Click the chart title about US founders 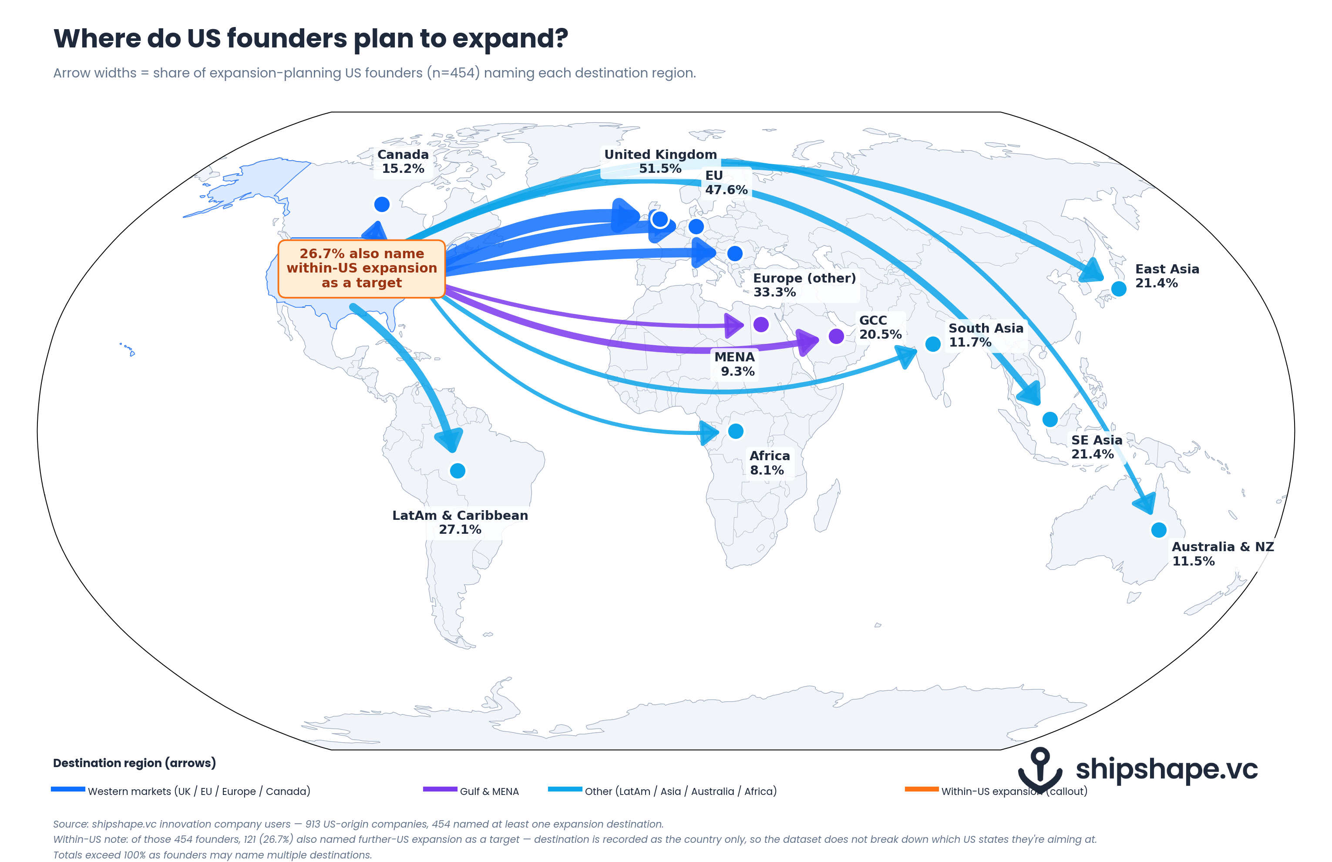click(311, 39)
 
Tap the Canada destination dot click(382, 204)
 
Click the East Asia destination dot click(1119, 289)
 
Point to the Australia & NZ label click(1222, 554)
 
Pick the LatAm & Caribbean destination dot click(458, 471)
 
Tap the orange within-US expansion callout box click(362, 269)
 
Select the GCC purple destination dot click(836, 336)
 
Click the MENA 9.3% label click(735, 364)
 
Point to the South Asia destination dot click(933, 343)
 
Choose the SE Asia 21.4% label click(1097, 447)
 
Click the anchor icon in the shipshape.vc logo click(1040, 770)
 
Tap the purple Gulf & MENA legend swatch click(440, 789)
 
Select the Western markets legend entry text click(198, 791)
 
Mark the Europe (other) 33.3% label click(804, 285)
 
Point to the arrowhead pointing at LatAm click(449, 439)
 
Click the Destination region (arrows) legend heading click(135, 763)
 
